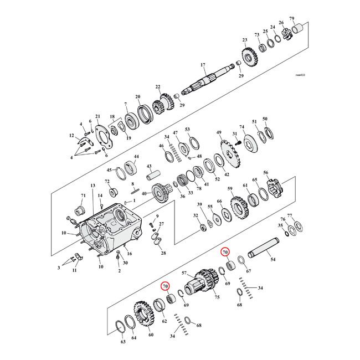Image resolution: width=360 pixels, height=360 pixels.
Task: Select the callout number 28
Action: (x=163, y=253)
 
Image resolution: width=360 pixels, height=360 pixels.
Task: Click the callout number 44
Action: (x=136, y=157)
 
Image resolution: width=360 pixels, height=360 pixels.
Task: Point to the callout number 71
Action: (x=83, y=196)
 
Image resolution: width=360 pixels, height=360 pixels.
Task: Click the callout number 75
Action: (x=217, y=297)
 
